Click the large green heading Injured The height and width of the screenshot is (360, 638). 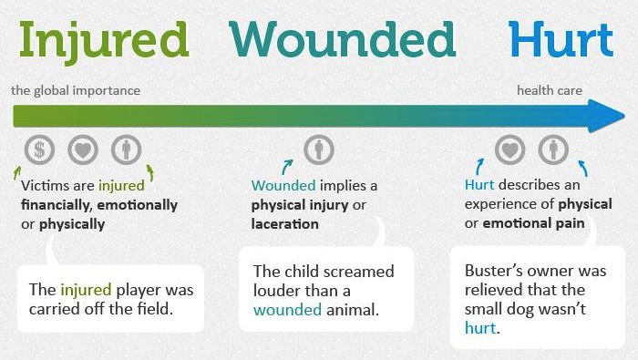(102, 42)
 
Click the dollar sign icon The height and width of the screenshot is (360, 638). (39, 150)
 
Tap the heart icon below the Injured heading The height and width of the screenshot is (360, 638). (83, 150)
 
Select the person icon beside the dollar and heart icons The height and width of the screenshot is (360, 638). (126, 150)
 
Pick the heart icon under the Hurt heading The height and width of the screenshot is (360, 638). (509, 150)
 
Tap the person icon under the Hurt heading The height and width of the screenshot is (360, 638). (552, 150)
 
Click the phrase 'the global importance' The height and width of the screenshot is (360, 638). (76, 91)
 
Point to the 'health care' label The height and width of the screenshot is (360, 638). (549, 91)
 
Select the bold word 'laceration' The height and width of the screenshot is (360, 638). (284, 223)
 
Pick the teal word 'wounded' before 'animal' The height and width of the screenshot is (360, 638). (287, 310)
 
